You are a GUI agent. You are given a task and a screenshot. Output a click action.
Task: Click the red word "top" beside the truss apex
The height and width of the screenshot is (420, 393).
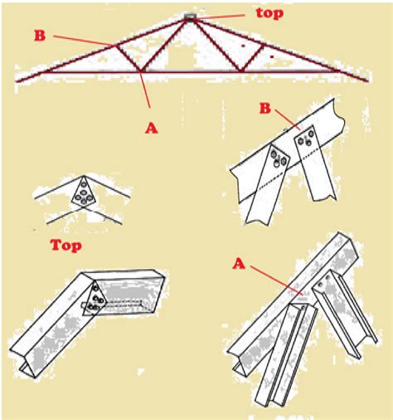coord(269,14)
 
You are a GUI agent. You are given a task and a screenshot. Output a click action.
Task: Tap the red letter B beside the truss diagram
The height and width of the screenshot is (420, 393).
coord(40,36)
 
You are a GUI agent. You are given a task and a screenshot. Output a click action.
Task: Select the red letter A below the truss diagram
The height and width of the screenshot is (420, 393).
coord(152,128)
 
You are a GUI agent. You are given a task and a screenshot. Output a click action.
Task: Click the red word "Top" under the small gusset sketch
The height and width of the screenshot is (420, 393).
coord(65,246)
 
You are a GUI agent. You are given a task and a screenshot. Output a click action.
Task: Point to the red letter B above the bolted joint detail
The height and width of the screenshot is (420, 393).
coord(265,108)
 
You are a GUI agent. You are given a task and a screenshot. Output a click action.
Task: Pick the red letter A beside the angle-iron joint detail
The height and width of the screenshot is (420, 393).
coord(239,264)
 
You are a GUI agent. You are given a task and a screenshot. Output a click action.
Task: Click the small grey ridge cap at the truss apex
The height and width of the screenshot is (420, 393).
coord(190,17)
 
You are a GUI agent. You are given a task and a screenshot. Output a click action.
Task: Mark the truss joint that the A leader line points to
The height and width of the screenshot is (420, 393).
coord(141,71)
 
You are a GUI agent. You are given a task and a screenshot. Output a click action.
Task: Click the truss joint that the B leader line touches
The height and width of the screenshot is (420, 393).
coord(115,46)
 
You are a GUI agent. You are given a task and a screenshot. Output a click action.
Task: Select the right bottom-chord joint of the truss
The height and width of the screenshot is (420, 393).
coord(240,71)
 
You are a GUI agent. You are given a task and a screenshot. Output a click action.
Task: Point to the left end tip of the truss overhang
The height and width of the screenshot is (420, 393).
coord(17,81)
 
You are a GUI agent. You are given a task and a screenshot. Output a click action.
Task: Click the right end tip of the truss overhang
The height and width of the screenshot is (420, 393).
coord(368,81)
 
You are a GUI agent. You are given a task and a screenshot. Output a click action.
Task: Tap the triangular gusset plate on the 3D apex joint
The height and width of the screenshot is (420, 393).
coord(95,300)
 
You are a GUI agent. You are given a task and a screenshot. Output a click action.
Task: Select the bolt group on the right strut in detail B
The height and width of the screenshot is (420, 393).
coord(307,139)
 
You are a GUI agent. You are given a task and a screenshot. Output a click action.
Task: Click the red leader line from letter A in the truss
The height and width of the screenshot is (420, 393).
coord(145,90)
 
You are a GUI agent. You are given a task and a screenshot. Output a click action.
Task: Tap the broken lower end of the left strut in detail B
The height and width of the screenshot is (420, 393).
coord(258,218)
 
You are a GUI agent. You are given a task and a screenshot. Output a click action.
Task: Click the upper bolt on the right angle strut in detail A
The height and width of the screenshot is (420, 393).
coord(328,277)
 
